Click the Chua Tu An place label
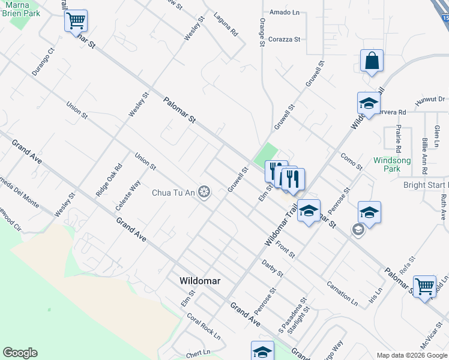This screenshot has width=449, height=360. [173, 193]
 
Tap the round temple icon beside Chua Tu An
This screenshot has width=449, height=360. [205, 192]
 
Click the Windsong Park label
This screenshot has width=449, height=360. [392, 164]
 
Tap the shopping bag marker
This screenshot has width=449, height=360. [372, 61]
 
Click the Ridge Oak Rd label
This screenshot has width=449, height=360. [109, 180]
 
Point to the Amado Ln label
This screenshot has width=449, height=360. [284, 12]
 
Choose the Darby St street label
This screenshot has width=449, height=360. [273, 268]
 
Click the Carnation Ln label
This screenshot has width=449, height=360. [342, 292]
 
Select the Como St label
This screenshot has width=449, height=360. [352, 161]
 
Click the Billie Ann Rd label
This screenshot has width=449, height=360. [425, 151]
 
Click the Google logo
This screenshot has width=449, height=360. [20, 353]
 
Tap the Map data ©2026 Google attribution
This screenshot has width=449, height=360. [412, 355]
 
